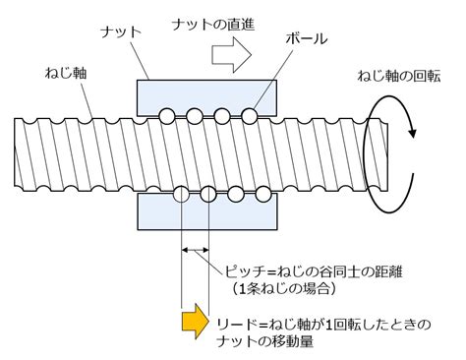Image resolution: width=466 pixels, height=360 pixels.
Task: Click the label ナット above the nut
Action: pyautogui.click(x=121, y=32)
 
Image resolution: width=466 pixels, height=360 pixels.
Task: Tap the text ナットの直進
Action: pyautogui.click(x=213, y=25)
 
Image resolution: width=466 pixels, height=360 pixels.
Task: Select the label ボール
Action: pyautogui.click(x=307, y=38)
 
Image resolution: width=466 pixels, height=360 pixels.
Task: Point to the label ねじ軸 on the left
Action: pyautogui.click(x=66, y=73)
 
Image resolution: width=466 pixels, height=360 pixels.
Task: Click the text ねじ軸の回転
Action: pyautogui.click(x=399, y=76)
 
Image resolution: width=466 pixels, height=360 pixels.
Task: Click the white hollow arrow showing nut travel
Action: pyautogui.click(x=232, y=55)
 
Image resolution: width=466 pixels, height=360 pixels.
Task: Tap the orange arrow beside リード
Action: pyautogui.click(x=196, y=321)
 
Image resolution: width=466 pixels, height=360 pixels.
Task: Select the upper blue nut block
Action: pyautogui.click(x=206, y=98)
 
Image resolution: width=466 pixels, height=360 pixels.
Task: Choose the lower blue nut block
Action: pyautogui.click(x=207, y=211)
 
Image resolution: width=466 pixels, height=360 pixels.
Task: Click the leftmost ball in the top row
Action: pyautogui.click(x=167, y=116)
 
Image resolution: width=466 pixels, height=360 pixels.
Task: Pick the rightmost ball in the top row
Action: pyautogui.click(x=250, y=116)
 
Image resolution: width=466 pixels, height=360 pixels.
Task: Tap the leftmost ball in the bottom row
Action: pyautogui.click(x=181, y=194)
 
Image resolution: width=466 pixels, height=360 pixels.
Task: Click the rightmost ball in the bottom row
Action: pyautogui.click(x=263, y=194)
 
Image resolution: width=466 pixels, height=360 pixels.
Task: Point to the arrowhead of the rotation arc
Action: pyautogui.click(x=413, y=133)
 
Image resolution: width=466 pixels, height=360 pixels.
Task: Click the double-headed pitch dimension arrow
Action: pyautogui.click(x=195, y=250)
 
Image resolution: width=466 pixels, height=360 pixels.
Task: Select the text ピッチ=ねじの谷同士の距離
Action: pyautogui.click(x=314, y=271)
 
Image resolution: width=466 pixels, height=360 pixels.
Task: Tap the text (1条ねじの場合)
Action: pyautogui.click(x=284, y=288)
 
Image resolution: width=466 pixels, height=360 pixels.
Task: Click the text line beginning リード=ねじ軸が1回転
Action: pyautogui.click(x=323, y=325)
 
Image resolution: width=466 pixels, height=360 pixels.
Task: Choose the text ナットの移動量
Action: pyautogui.click(x=265, y=341)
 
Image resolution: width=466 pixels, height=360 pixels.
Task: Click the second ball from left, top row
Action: pyautogui.click(x=195, y=116)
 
